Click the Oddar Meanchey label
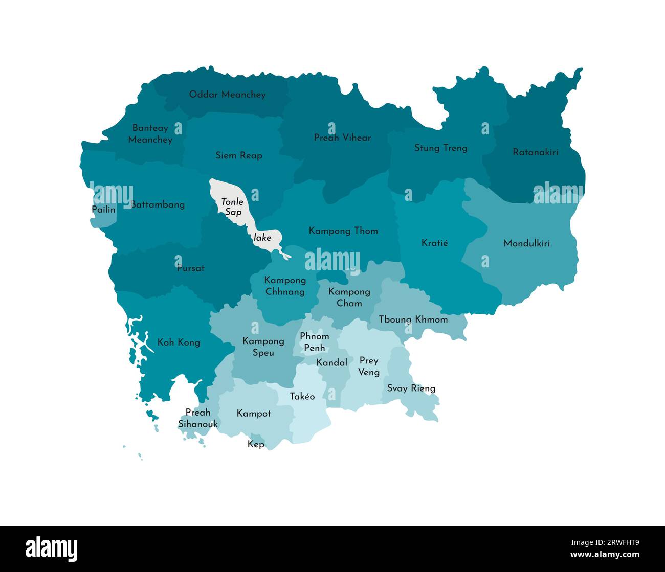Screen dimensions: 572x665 tap(227, 95)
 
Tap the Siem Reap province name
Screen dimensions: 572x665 tap(239, 155)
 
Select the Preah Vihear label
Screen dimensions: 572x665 tap(342, 138)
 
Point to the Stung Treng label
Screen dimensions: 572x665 tap(440, 148)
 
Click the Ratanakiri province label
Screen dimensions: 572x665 tap(535, 152)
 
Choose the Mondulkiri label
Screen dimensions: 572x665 tap(526, 243)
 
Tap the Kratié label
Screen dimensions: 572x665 tap(434, 243)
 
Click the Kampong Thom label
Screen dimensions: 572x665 tap(343, 231)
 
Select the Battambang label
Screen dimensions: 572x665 tap(158, 204)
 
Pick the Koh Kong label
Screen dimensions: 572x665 tap(179, 342)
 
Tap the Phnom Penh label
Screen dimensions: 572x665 tap(314, 342)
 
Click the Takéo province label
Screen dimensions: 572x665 tap(302, 397)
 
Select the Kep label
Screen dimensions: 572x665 tap(256, 444)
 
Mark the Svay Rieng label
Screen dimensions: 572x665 tap(411, 388)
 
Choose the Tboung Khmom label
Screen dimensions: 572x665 tap(413, 319)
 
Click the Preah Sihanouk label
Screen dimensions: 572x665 tap(197, 418)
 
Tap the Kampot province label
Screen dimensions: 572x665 tap(254, 414)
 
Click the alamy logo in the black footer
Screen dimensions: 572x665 tap(52, 549)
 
